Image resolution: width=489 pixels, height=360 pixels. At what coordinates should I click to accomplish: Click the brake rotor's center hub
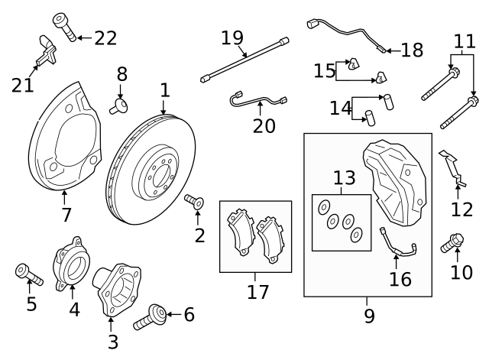coord(154,178)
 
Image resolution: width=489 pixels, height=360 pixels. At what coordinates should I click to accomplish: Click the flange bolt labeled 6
coord(152,316)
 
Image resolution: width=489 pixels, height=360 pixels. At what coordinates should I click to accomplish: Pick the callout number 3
coord(112,342)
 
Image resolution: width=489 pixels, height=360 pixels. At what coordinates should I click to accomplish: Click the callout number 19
coord(232,37)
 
